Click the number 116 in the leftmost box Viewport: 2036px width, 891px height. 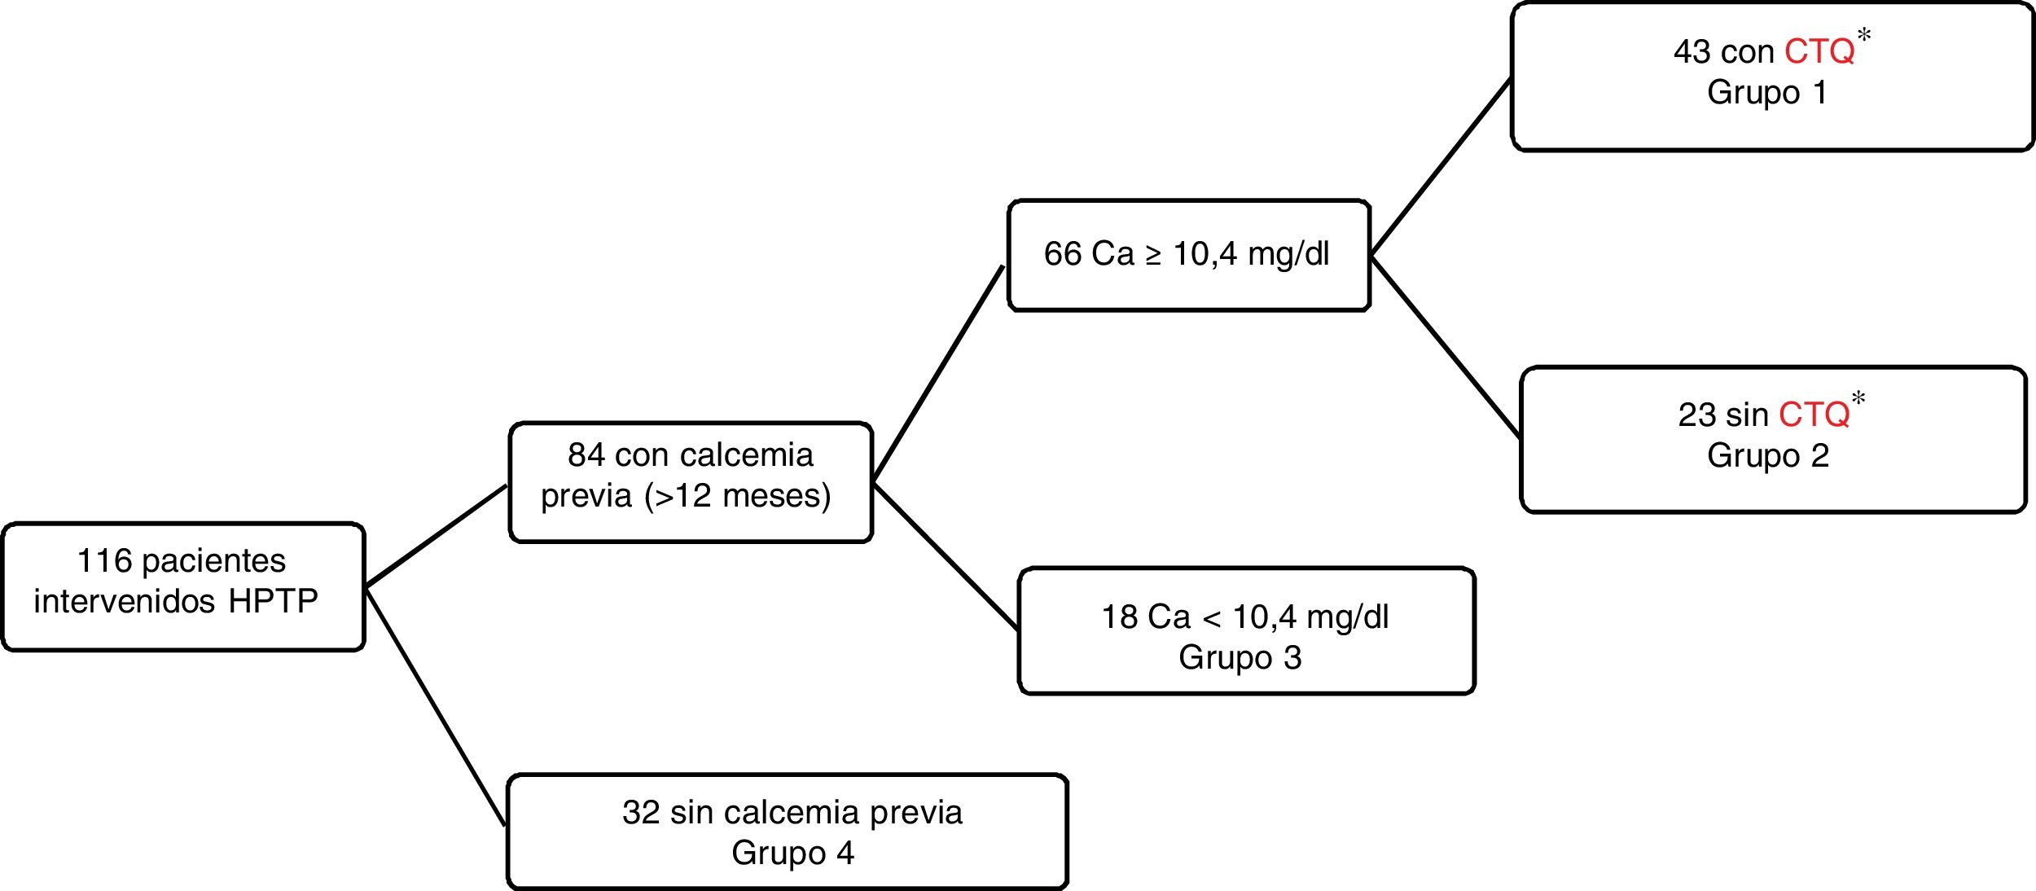coord(104,561)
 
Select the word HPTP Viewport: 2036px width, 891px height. coord(273,602)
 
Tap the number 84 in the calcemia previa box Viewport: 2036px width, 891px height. coord(586,455)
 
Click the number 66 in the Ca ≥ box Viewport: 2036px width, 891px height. coord(1062,254)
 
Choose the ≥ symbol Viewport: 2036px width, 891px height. coord(1153,255)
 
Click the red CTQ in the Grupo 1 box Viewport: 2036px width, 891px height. coord(1819,52)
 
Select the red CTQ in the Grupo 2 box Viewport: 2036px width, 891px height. coord(1814,415)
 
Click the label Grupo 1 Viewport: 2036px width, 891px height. coord(1766,93)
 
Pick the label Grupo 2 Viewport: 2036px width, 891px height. coord(1767,456)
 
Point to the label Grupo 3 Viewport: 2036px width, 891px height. coord(1240,658)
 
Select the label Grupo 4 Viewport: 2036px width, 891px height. coord(792,854)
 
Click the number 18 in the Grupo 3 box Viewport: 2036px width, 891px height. coord(1119,617)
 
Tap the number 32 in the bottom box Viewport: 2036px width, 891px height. coord(640,813)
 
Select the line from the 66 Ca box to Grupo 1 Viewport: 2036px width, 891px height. coord(1440,167)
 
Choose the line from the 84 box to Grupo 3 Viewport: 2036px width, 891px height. coord(945,557)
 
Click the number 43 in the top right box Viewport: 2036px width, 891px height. coord(1691,52)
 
